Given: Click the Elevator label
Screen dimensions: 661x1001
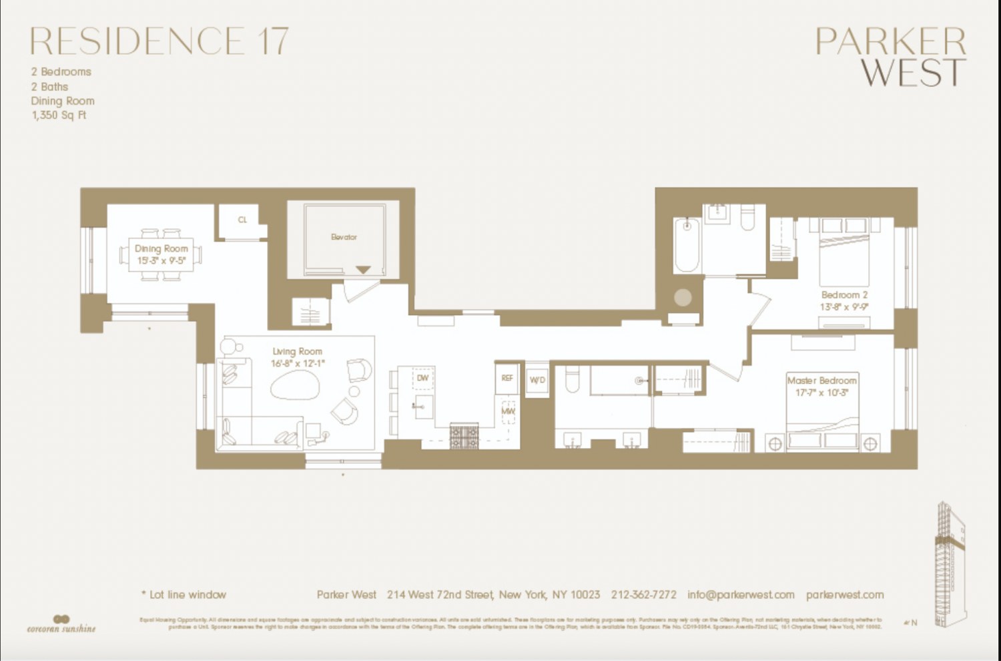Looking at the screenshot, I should pyautogui.click(x=344, y=237).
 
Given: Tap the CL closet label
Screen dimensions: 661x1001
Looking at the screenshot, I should pyautogui.click(x=242, y=220).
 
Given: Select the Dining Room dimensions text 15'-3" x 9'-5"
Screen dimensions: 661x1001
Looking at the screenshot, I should pyautogui.click(x=161, y=260).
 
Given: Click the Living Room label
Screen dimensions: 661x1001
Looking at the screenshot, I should pyautogui.click(x=297, y=351).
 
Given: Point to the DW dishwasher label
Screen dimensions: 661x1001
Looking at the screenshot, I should pyautogui.click(x=422, y=378).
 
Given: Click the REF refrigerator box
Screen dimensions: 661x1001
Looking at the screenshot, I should pyautogui.click(x=507, y=379).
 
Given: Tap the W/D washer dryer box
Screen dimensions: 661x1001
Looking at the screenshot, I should pyautogui.click(x=537, y=380).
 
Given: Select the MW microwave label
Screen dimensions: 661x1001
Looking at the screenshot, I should pyautogui.click(x=508, y=411).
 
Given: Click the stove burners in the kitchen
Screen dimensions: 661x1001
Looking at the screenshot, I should pyautogui.click(x=464, y=436).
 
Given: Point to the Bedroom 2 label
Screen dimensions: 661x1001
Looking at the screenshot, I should pyautogui.click(x=844, y=294).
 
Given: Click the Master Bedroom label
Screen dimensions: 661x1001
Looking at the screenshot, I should pyautogui.click(x=821, y=380).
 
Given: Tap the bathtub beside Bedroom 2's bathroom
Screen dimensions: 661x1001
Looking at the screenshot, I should pyautogui.click(x=686, y=245).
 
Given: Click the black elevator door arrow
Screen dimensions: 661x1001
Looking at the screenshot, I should pyautogui.click(x=362, y=270).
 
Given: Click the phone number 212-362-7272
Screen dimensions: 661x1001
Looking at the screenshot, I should pyautogui.click(x=643, y=594).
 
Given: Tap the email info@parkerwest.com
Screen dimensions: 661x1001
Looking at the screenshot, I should pyautogui.click(x=741, y=594).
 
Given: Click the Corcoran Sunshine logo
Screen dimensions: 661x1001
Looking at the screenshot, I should pyautogui.click(x=61, y=624).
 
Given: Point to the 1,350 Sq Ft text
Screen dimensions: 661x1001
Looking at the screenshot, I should pyautogui.click(x=59, y=116).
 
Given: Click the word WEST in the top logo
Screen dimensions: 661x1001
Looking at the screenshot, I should pyautogui.click(x=913, y=72).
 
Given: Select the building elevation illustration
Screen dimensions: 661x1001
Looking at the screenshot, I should pyautogui.click(x=950, y=564).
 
